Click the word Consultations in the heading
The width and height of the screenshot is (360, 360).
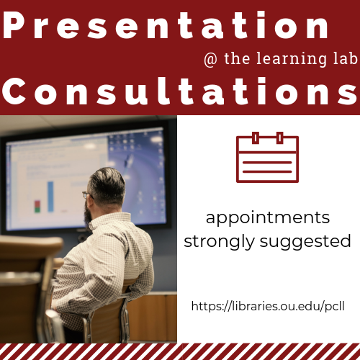coord(179,94)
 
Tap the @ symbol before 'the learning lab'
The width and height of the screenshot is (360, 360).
coord(211,59)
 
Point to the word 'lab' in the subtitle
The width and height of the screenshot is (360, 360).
coord(338,59)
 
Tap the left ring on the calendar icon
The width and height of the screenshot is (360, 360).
coord(253,138)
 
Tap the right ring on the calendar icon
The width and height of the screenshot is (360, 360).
coord(280,138)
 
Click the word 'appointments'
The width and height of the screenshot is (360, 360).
coord(267,218)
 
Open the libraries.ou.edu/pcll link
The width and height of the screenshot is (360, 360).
coord(267,306)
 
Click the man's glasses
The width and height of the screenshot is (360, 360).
coord(87,194)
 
